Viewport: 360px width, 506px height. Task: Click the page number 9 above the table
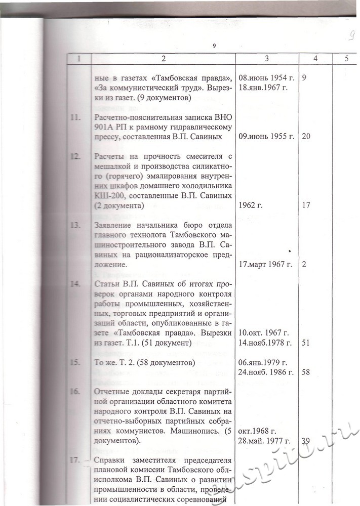[215, 46]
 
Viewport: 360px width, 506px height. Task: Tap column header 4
[315, 59]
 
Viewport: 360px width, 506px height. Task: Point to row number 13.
[76, 225]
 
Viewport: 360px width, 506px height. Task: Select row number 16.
[76, 391]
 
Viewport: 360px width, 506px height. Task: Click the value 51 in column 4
[305, 343]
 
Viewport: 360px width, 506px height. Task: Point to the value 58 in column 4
[305, 372]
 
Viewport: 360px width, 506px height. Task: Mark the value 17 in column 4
[305, 205]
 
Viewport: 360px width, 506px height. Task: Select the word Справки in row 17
[110, 461]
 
